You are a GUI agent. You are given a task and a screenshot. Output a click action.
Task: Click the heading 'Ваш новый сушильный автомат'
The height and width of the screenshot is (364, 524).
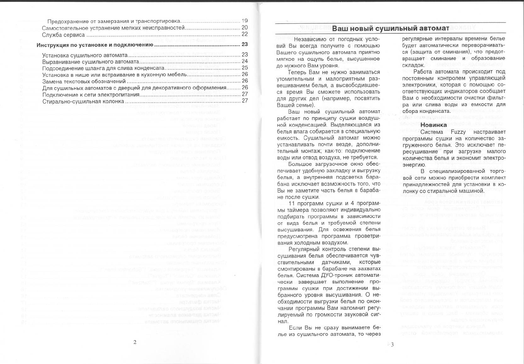coord(390,28)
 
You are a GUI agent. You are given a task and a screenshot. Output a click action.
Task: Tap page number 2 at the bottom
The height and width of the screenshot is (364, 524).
coord(135,342)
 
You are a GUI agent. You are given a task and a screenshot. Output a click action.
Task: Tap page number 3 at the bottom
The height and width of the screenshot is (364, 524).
coord(392,344)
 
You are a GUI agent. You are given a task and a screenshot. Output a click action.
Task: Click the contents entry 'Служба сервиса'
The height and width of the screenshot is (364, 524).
coord(63,35)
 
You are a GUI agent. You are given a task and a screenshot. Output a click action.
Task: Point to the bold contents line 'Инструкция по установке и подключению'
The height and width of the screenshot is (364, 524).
coord(95,45)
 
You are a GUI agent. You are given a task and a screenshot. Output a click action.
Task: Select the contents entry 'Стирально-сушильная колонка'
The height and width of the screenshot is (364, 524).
coord(83,101)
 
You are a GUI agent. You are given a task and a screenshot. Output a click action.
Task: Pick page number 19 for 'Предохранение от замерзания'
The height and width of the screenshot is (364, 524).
coord(245,21)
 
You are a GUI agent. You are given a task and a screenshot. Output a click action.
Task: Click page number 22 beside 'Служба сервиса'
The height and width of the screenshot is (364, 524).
coord(245,34)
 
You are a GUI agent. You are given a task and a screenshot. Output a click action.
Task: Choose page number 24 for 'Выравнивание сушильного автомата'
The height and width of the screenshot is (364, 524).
coord(245,61)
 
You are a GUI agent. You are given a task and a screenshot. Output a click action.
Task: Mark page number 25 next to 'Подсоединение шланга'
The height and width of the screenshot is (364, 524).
coord(245,68)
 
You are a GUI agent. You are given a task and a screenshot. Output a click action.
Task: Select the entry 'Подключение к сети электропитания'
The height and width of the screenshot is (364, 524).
coord(91,95)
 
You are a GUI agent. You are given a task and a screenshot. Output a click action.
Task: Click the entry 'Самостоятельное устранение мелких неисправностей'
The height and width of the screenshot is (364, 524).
coord(113,28)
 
